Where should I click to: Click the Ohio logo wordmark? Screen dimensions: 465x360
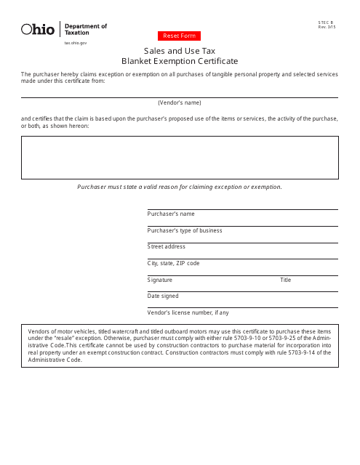[x=38, y=29]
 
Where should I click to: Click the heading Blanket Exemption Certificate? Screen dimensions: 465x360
[x=180, y=61]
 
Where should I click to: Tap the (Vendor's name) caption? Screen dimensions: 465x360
[x=180, y=102]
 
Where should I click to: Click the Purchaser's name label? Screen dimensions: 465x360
[x=171, y=214]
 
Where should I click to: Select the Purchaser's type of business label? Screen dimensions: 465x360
[x=185, y=230]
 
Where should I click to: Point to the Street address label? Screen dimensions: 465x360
[x=167, y=247]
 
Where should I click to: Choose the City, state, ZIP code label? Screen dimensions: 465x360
[x=173, y=263]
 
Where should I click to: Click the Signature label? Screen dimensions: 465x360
[x=160, y=280]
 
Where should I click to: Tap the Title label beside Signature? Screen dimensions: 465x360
[x=286, y=280]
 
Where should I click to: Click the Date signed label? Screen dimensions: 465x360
[x=163, y=296]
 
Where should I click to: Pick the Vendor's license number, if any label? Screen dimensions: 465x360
[x=188, y=312]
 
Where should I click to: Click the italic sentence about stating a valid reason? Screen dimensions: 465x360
[x=180, y=187]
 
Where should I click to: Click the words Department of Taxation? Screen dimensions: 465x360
[x=85, y=29]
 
